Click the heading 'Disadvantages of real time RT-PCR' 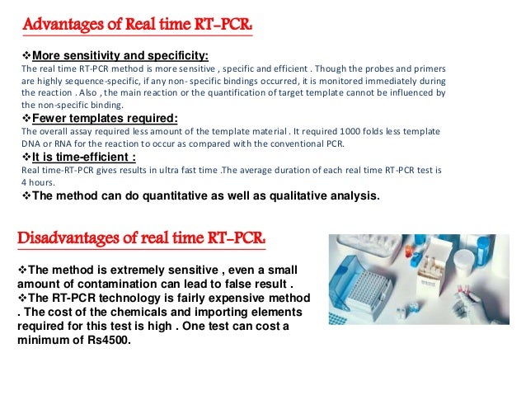tap(143, 239)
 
